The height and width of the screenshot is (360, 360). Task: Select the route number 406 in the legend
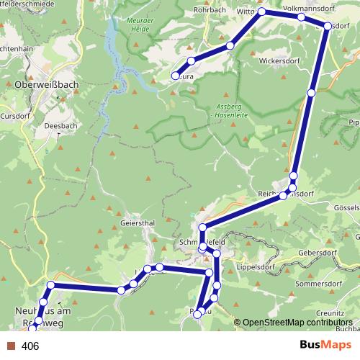[x=30, y=346]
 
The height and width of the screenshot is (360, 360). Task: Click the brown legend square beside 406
[x=11, y=346]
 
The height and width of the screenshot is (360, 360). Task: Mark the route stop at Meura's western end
[x=175, y=76]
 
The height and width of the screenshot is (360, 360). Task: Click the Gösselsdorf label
[x=344, y=206]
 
